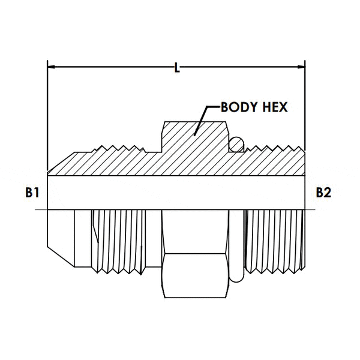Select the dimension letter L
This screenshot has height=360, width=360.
point(176,68)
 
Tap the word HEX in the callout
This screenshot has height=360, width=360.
point(274,107)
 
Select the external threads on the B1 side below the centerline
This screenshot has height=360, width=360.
point(117,240)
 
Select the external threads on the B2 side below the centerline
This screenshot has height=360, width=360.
point(276,240)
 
